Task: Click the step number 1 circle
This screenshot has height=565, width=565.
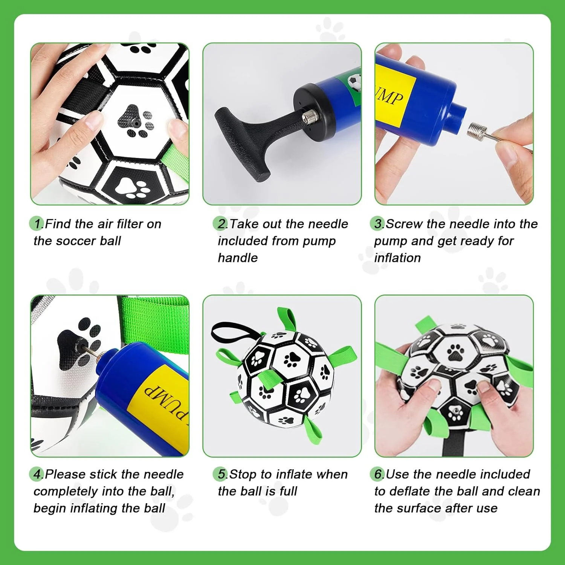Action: [37, 224]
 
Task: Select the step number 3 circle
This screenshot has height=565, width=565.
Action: [377, 224]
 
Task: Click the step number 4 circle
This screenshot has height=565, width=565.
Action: [37, 474]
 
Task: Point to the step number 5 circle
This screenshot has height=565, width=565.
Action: [220, 474]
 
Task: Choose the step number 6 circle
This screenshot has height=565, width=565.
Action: [377, 474]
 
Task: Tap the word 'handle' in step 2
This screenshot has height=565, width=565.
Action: [238, 258]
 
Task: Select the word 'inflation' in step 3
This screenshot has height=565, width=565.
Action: [397, 258]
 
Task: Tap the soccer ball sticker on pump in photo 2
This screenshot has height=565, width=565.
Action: [354, 81]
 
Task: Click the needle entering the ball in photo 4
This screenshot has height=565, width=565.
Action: [89, 351]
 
